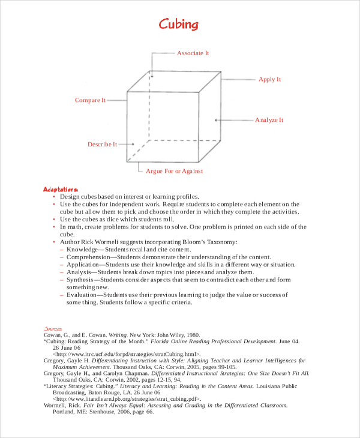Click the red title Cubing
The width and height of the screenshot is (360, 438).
pyautogui.click(x=178, y=24)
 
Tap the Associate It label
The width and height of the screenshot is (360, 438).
pyautogui.click(x=193, y=53)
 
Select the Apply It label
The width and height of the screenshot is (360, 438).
pyautogui.click(x=269, y=79)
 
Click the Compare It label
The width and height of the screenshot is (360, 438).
pyautogui.click(x=90, y=100)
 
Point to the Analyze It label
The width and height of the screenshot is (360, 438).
pyautogui.click(x=269, y=120)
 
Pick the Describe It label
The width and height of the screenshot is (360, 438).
pyautogui.click(x=102, y=144)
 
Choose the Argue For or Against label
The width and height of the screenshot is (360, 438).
pyautogui.click(x=175, y=171)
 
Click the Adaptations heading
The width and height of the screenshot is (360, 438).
pyautogui.click(x=61, y=188)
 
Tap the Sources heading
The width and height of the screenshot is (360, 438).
pyautogui.click(x=53, y=329)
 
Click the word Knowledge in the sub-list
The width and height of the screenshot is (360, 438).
pyautogui.click(x=83, y=249)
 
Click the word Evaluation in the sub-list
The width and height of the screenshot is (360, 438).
pyautogui.click(x=83, y=295)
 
